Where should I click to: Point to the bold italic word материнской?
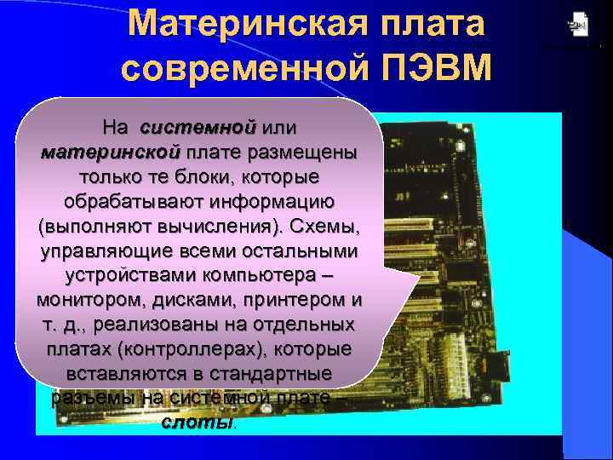pos(110,153)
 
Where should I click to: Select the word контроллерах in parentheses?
pos(184,351)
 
